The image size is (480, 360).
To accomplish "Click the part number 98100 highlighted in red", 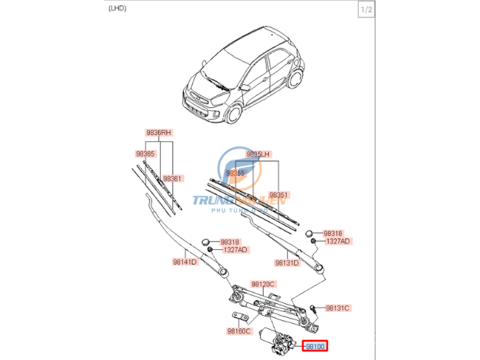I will pyautogui.click(x=315, y=345).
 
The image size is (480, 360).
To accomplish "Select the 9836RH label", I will pyautogui.click(x=157, y=133).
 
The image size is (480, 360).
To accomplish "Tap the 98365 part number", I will pyautogui.click(x=145, y=154).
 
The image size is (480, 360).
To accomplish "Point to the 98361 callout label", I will pyautogui.click(x=172, y=179).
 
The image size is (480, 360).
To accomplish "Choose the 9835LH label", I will pyautogui.click(x=260, y=154).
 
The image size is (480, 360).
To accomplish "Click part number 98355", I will pyautogui.click(x=236, y=172).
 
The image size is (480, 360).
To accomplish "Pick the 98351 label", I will pyautogui.click(x=278, y=195).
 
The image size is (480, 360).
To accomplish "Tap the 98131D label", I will pyautogui.click(x=287, y=262).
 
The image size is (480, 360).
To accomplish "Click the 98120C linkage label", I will pyautogui.click(x=263, y=284).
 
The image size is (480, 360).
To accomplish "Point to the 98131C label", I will pyautogui.click(x=337, y=308).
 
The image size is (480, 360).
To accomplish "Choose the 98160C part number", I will pyautogui.click(x=240, y=331).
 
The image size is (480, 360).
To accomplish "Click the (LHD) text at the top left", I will pyautogui.click(x=117, y=10).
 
